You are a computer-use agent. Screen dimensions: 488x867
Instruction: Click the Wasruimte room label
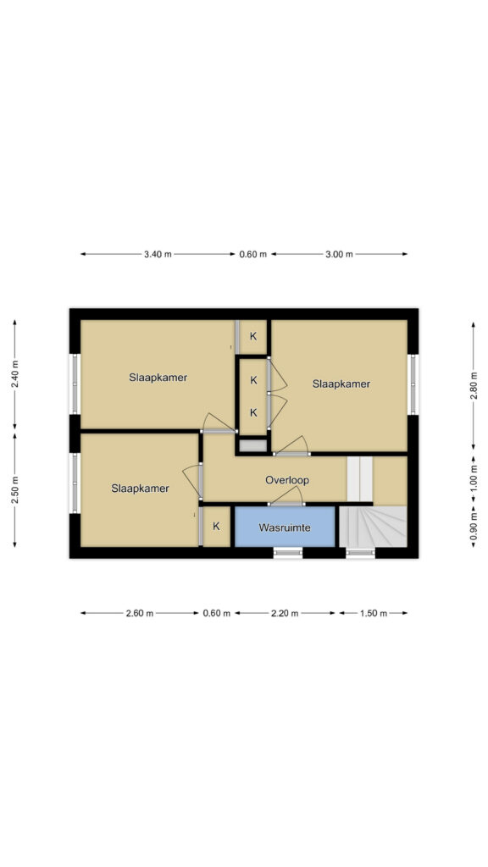coord(285,527)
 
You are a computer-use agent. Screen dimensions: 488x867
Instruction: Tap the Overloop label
coord(286,480)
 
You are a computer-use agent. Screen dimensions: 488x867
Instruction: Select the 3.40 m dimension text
coord(158,254)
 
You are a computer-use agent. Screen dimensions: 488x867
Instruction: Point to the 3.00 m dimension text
coord(339,254)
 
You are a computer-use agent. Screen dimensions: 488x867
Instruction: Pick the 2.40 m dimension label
coord(15,374)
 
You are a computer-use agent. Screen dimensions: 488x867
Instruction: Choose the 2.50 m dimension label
coord(15,490)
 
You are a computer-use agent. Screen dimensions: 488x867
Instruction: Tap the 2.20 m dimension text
coord(285,613)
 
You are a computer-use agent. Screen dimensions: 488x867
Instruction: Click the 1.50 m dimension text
coord(374,613)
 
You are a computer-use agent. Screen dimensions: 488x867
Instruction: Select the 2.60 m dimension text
coord(140,613)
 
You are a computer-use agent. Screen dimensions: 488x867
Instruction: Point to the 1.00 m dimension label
coord(473,480)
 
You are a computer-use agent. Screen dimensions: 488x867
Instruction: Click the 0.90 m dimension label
coord(473,527)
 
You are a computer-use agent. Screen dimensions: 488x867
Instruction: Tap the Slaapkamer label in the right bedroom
coord(341,384)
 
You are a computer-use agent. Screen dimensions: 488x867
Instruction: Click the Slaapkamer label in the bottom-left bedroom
coord(140,489)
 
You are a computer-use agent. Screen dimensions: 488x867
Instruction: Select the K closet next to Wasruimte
coord(216,527)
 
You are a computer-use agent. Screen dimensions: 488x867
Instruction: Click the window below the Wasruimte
coord(288,552)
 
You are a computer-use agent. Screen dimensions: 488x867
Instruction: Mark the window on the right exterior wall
coord(413,384)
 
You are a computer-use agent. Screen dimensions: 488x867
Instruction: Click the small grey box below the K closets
coord(252,445)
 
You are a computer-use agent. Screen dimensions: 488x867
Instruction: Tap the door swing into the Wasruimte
coord(286,496)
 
